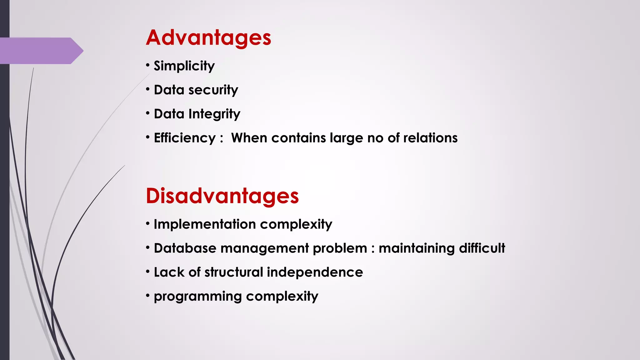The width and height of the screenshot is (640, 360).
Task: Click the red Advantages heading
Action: tap(208, 38)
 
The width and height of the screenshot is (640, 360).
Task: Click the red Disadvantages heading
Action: tap(222, 196)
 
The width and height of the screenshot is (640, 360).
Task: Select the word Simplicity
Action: tap(184, 66)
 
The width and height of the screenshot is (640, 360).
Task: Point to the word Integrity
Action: tap(214, 114)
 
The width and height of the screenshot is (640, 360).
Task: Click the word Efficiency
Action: tap(185, 138)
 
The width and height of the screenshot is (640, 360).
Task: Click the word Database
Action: tap(185, 248)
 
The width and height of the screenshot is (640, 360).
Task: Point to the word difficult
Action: tap(482, 248)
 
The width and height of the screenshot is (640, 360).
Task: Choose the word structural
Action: tap(234, 272)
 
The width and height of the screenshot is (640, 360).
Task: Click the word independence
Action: tap(315, 272)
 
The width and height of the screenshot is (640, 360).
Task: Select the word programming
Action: tap(197, 297)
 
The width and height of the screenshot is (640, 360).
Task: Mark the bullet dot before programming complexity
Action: tap(148, 296)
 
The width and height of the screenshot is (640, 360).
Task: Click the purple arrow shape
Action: tap(41, 51)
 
